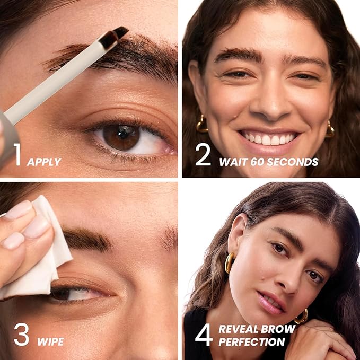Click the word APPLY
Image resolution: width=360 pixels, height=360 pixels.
coord(44,161)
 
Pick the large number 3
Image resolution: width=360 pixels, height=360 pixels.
coord(21,336)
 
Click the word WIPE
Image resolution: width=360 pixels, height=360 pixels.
coord(50,340)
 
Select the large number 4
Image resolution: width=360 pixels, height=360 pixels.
coord(204,336)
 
